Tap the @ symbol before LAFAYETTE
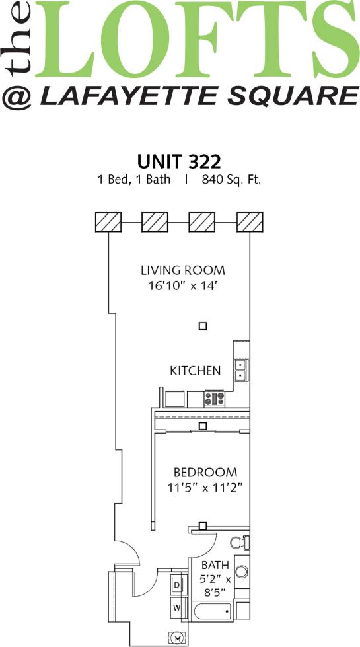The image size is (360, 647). [18, 97]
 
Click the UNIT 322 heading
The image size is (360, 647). [178, 161]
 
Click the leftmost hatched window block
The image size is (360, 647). [108, 222]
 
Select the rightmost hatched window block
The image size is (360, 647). [250, 222]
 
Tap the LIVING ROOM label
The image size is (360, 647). [182, 270]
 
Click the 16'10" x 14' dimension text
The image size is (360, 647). [182, 286]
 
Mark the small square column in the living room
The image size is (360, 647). [203, 326]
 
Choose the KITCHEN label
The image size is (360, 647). [196, 371]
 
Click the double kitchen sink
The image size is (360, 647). [240, 370]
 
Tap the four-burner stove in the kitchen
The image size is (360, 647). [215, 399]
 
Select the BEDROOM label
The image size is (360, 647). [205, 473]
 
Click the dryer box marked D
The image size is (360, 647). [177, 586]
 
